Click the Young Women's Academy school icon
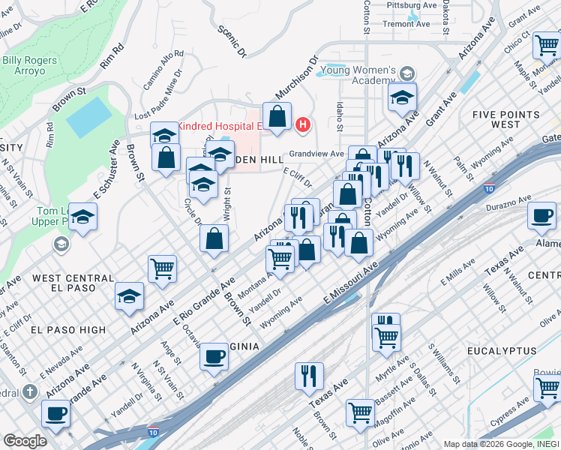[407, 73]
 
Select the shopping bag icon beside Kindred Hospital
[277, 116]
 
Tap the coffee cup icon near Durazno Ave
[540, 215]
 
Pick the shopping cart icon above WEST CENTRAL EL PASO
[162, 268]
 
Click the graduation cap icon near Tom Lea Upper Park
[83, 217]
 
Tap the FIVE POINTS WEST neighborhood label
[506, 119]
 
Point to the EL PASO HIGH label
[68, 329]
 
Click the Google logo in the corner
[25, 440]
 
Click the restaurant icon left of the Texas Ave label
[309, 376]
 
